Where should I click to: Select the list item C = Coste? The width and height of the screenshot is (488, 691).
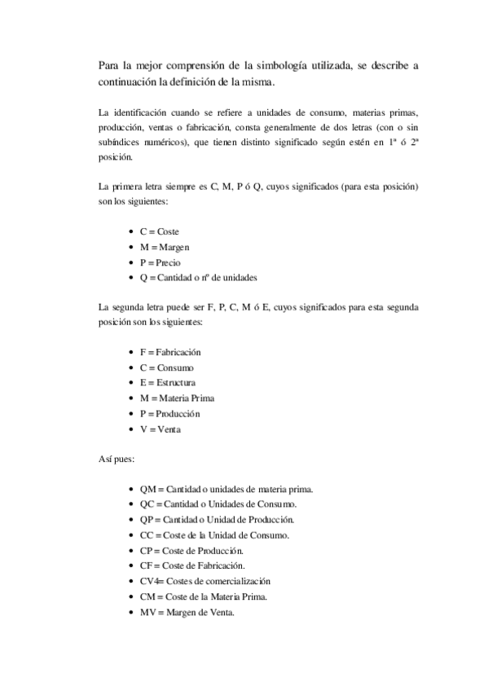click(159, 231)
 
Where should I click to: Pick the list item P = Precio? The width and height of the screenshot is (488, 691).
click(160, 262)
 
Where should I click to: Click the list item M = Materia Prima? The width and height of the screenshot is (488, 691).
click(177, 398)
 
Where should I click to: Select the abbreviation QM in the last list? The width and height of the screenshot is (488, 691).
click(147, 489)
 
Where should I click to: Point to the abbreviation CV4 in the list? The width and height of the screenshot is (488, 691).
click(148, 581)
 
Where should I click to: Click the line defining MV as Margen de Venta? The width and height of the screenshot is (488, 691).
click(187, 612)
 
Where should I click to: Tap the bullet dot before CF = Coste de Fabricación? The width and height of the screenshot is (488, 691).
click(132, 566)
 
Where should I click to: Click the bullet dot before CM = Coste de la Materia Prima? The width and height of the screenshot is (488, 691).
click(132, 596)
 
